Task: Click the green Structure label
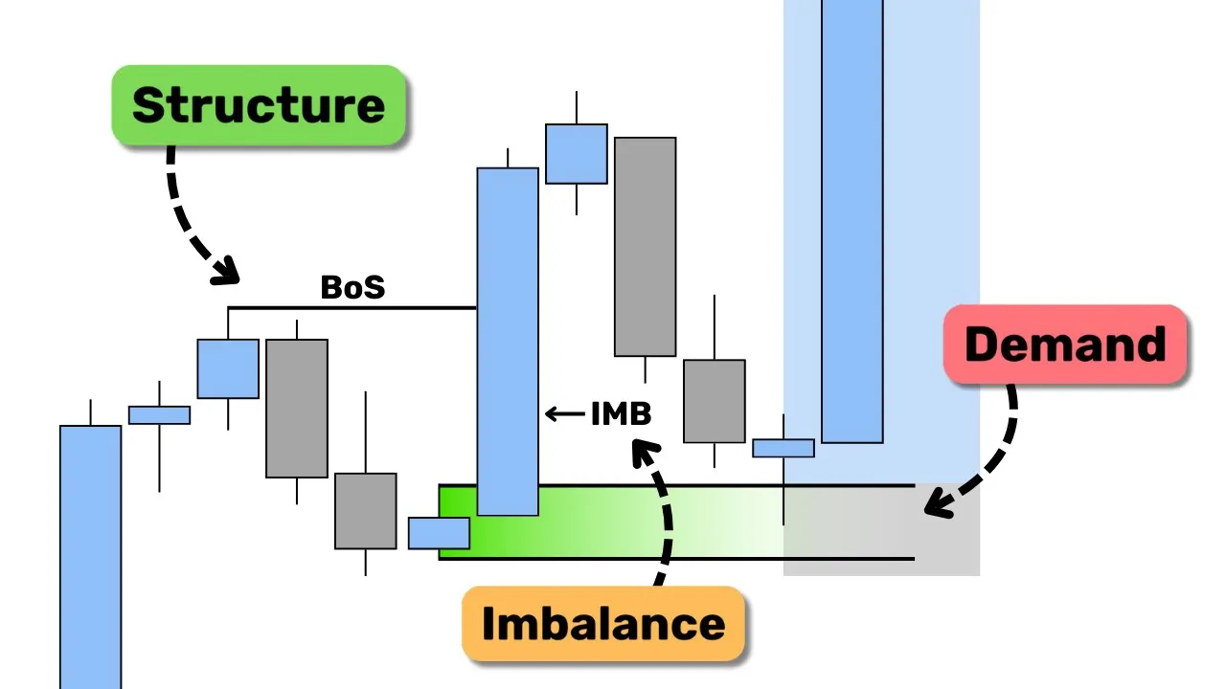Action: [x=259, y=105]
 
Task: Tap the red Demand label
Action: [x=1065, y=344]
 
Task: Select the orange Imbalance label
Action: [x=602, y=624]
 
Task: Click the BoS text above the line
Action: [x=352, y=287]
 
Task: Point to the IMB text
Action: [x=621, y=413]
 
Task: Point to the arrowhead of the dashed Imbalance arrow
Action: [x=644, y=450]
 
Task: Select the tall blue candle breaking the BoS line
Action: [x=508, y=341]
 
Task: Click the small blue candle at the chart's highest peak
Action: [x=576, y=153]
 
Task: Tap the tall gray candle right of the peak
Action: [x=645, y=247]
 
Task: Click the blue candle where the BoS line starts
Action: [x=228, y=368]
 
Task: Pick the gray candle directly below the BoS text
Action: [x=297, y=408]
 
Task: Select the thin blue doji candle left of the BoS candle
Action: [x=159, y=414]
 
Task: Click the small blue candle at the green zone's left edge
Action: [x=439, y=533]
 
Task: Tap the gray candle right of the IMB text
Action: [x=714, y=401]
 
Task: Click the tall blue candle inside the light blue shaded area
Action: [x=851, y=220]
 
